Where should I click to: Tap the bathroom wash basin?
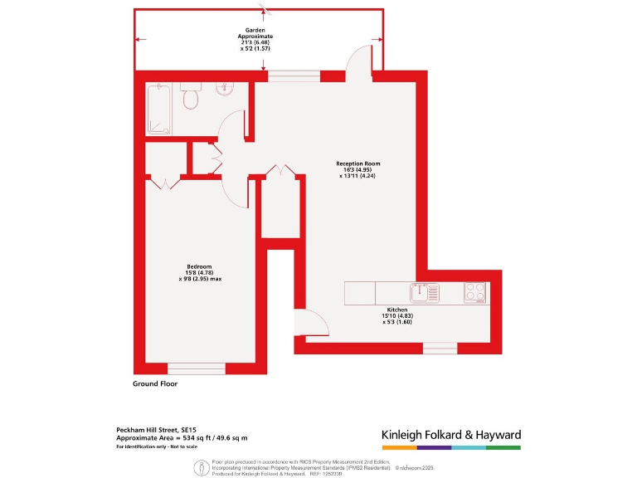coord(223,90)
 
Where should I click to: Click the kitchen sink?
coord(421,292)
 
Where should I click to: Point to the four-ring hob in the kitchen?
coord(475,292)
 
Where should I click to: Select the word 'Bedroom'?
coord(199,266)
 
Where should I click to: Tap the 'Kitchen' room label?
coord(397,310)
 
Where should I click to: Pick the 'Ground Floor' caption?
coord(155,384)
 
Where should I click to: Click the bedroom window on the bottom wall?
coord(197,368)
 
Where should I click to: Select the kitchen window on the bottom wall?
coord(440,347)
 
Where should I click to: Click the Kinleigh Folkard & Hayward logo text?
coord(450,434)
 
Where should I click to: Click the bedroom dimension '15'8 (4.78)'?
coord(200,273)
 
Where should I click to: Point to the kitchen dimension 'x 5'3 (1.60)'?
coord(397,322)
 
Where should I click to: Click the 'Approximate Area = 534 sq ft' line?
coord(181,437)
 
